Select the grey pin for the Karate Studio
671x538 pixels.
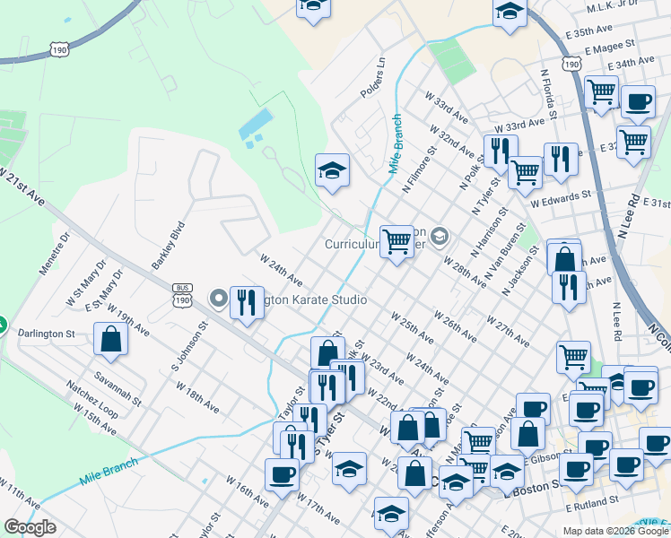[x=218, y=298]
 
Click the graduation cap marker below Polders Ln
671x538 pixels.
[x=332, y=170]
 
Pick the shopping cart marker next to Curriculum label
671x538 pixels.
[x=396, y=240]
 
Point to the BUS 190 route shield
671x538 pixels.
[x=182, y=296]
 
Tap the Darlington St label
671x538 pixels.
[x=46, y=333]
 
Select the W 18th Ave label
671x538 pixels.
[x=197, y=397]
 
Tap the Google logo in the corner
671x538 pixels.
[x=30, y=527]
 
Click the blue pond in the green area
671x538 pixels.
[x=255, y=128]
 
